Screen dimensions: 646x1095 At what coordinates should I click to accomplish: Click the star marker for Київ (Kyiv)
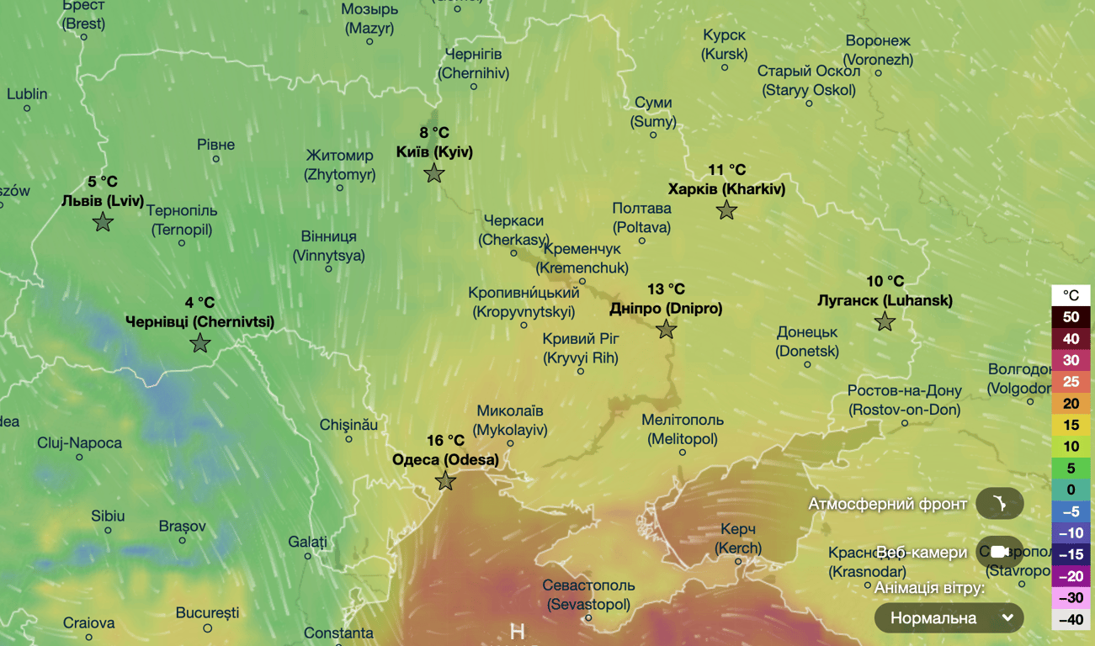(x=433, y=173)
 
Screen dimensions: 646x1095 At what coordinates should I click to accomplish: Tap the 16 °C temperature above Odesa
(x=445, y=441)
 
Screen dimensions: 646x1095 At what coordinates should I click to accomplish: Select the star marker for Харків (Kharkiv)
(x=726, y=210)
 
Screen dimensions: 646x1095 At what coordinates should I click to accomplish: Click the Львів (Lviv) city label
(x=103, y=201)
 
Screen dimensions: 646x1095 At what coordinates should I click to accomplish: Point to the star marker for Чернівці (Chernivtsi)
(x=199, y=343)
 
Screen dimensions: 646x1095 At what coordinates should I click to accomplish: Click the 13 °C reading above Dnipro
(x=666, y=289)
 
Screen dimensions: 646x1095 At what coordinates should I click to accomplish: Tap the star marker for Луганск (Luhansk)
(x=885, y=321)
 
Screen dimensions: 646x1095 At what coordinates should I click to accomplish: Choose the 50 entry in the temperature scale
(x=1071, y=317)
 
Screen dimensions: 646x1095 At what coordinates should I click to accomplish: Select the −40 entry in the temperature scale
(x=1071, y=620)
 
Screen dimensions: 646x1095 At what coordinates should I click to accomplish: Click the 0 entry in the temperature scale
(x=1071, y=490)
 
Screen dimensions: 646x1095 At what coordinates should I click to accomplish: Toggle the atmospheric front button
(x=999, y=504)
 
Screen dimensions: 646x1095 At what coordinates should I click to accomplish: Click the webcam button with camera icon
(x=999, y=552)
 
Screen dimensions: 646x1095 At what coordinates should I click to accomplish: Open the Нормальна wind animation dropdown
(x=949, y=618)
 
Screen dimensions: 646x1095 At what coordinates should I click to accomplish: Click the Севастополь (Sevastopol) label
(x=588, y=595)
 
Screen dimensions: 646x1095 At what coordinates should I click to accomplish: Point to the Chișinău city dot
(x=348, y=439)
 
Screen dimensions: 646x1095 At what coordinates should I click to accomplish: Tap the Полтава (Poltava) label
(x=641, y=217)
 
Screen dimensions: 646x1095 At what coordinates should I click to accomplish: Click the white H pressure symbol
(x=518, y=632)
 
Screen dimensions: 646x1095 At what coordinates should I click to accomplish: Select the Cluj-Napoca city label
(x=79, y=443)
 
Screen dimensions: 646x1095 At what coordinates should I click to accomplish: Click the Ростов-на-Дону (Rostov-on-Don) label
(x=904, y=400)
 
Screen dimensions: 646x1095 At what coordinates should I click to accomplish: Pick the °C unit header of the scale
(x=1071, y=295)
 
